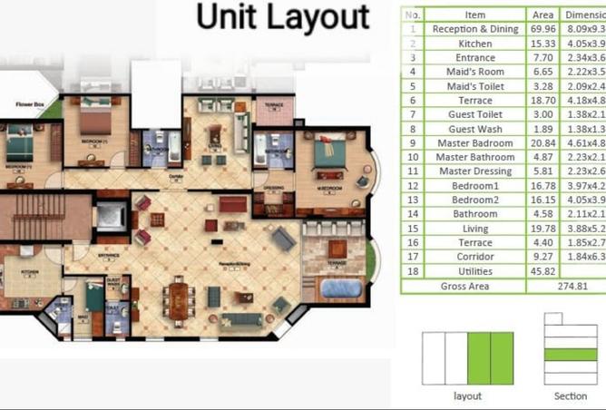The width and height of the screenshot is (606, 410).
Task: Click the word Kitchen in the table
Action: coord(475,43)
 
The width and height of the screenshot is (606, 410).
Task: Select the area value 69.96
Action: coord(543,29)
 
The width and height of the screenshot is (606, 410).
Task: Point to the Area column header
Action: coord(543,15)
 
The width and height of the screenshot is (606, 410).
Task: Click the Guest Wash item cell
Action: coord(475,129)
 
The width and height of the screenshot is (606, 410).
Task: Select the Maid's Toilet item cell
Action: coord(475,86)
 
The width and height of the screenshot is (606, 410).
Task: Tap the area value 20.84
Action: coord(543,143)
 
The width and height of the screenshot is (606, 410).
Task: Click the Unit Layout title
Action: coord(283,17)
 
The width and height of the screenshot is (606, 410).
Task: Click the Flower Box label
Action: coord(28,105)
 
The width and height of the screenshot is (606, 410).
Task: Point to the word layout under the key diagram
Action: coord(467,396)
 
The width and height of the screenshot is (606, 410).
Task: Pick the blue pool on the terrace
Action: coord(341,288)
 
